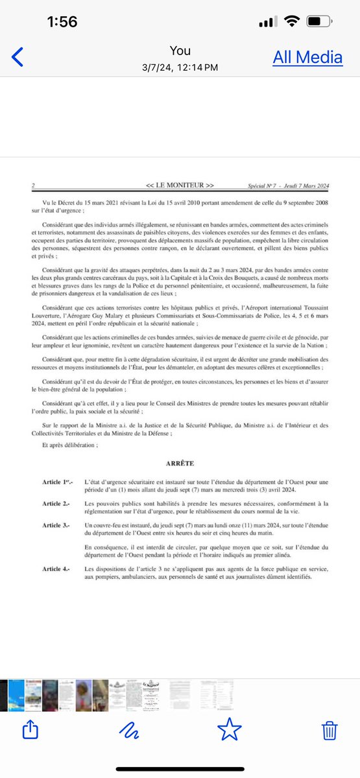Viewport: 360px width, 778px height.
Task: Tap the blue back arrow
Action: [18, 57]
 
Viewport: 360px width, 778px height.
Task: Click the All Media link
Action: [307, 57]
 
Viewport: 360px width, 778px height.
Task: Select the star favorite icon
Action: [229, 731]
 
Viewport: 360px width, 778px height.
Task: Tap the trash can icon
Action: [329, 731]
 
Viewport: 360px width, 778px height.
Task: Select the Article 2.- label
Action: [56, 503]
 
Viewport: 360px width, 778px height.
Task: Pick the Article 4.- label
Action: [56, 569]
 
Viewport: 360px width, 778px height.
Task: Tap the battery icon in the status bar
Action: [319, 21]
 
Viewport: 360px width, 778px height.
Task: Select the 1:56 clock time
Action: [62, 21]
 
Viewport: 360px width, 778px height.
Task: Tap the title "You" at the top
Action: [180, 51]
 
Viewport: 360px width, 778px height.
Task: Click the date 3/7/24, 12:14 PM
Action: [180, 67]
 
